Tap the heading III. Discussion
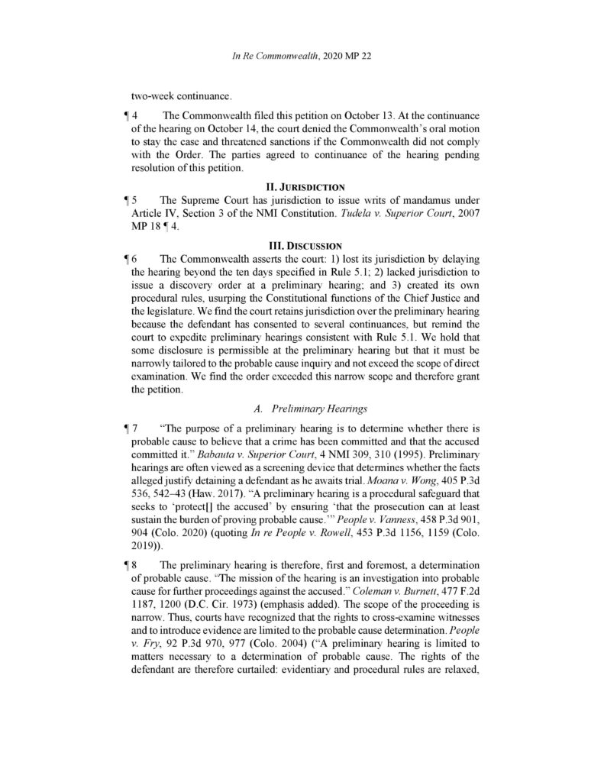click(302, 245)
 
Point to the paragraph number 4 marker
click(129, 115)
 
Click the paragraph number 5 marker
click(129, 199)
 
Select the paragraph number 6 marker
click(129, 258)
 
